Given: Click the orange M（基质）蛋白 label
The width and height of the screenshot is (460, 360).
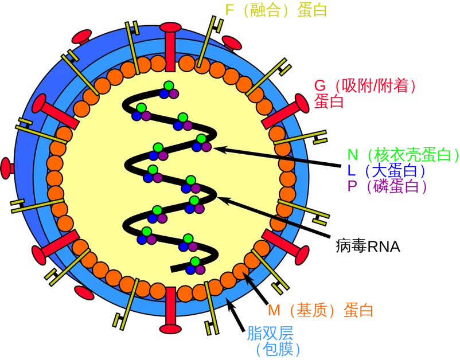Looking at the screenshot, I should pyautogui.click(x=321, y=311).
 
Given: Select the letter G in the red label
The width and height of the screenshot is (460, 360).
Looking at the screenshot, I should pyautogui.click(x=319, y=87).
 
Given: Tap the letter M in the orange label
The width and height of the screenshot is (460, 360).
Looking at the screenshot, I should pyautogui.click(x=274, y=311).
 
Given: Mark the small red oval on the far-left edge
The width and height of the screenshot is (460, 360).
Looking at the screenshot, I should pyautogui.click(x=6, y=167).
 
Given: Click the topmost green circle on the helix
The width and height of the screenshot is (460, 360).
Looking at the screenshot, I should pyautogui.click(x=168, y=86).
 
